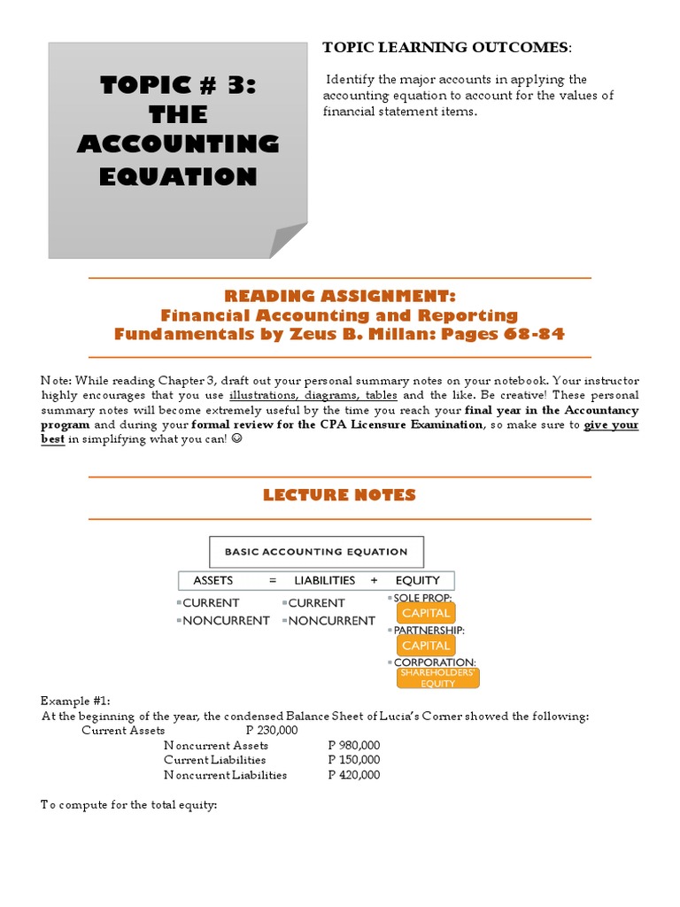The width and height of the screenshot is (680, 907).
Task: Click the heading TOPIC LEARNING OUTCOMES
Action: [x=446, y=47]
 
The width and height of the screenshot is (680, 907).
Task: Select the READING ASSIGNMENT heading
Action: [x=340, y=296]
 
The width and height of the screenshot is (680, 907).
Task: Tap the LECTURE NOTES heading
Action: [x=339, y=495]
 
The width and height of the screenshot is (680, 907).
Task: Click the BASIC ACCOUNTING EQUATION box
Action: [x=316, y=552]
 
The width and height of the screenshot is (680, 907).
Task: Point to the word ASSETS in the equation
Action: [x=212, y=580]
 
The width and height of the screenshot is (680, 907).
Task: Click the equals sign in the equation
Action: [x=274, y=580]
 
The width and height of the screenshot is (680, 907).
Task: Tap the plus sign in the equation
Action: [x=375, y=580]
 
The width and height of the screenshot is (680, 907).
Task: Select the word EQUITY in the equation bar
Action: [x=418, y=580]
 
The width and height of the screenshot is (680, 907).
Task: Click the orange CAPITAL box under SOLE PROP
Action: [x=426, y=613]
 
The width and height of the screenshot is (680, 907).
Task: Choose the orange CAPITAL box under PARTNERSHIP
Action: [x=426, y=646]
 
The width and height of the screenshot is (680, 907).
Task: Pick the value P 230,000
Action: [x=272, y=731]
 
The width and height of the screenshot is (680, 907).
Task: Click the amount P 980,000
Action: [x=353, y=746]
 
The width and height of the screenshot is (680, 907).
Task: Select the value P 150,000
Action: [x=353, y=760]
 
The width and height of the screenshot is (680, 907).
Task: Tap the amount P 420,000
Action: [x=353, y=775]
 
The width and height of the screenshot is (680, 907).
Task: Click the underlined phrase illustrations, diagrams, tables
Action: [x=313, y=395]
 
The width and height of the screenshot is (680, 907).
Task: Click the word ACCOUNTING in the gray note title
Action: [x=178, y=144]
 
